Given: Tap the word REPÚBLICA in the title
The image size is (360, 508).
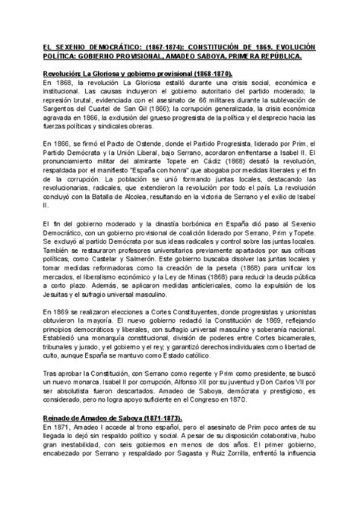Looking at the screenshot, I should [271, 55].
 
